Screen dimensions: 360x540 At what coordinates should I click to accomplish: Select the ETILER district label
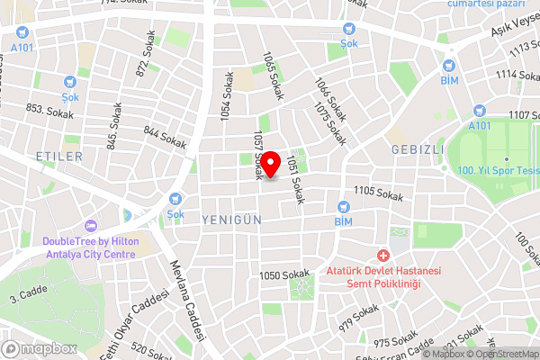(x=59, y=157)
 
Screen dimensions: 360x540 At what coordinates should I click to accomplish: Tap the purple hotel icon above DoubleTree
(x=89, y=226)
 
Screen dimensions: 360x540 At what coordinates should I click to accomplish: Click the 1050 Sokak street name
(x=283, y=275)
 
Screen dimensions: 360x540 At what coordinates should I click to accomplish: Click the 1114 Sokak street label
(x=516, y=75)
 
